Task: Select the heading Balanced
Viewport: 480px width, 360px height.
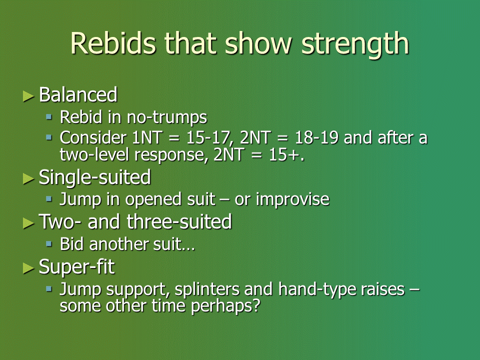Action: pos(78,94)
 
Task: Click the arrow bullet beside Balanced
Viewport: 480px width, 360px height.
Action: pos(28,96)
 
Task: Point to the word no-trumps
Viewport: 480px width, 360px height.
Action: pos(167,117)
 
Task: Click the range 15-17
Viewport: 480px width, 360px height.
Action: pos(208,138)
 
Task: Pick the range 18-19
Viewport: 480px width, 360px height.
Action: pos(316,138)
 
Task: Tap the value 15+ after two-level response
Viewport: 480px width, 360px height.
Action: pos(286,155)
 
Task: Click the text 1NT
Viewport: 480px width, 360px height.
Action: pos(146,138)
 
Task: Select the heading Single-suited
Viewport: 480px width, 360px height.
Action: pos(95,177)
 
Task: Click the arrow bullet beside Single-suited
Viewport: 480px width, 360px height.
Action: pos(28,179)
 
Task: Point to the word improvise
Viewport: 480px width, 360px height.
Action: pos(292,199)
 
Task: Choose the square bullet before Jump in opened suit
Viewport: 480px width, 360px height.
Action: pos(49,199)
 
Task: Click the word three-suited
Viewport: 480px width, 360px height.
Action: pos(179,221)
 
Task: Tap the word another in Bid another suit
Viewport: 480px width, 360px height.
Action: pos(119,244)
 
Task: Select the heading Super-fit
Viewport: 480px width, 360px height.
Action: pos(77,267)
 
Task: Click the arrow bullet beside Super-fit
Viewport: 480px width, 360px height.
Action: pos(28,268)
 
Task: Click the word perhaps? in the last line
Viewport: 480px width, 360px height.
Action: pos(225,306)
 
